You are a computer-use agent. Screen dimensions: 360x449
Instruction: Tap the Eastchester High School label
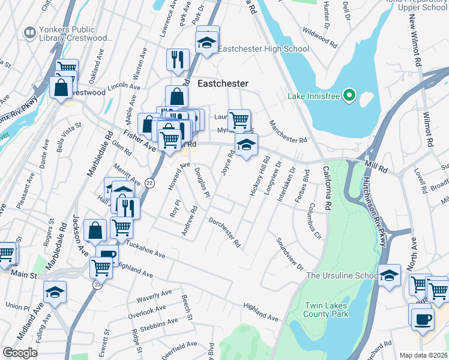tap(264, 49)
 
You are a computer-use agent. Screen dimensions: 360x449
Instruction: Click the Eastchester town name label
tap(223, 84)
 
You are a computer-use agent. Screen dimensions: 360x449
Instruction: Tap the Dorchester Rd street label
tap(224, 233)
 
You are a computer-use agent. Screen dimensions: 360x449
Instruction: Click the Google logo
tap(20, 353)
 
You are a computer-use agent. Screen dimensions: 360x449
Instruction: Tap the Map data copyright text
tap(423, 355)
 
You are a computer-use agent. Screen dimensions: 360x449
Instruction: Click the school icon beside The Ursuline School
tap(390, 275)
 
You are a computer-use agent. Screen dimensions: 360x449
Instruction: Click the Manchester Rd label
tap(288, 131)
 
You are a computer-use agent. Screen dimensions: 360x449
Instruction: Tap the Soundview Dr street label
tap(290, 253)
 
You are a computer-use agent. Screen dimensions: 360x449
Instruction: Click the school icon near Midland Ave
tap(55, 292)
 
